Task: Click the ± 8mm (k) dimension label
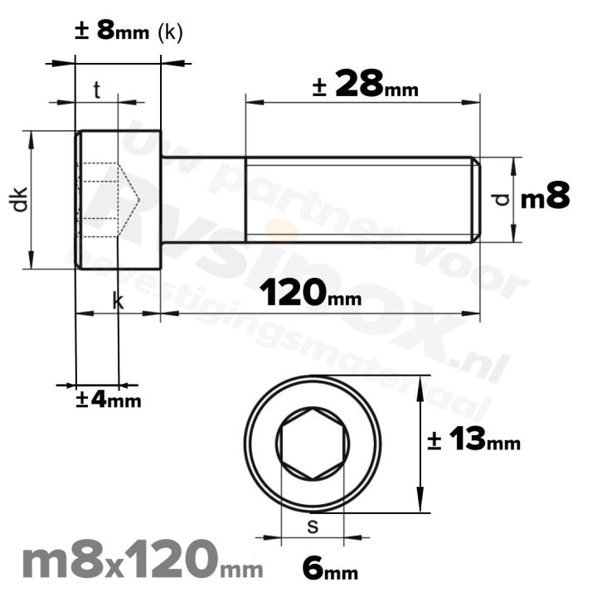[128, 32]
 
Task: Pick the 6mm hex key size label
[330, 570]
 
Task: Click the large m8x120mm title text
[141, 561]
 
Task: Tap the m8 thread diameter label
[545, 198]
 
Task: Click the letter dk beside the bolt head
[20, 199]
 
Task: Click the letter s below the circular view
[313, 526]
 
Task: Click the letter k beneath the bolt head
[118, 302]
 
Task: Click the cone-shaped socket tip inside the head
[129, 199]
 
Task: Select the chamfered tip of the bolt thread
[476, 199]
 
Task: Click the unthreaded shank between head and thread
[203, 199]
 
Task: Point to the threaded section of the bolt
[357, 199]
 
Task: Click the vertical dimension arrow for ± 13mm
[422, 444]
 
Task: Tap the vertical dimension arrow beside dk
[32, 199]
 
